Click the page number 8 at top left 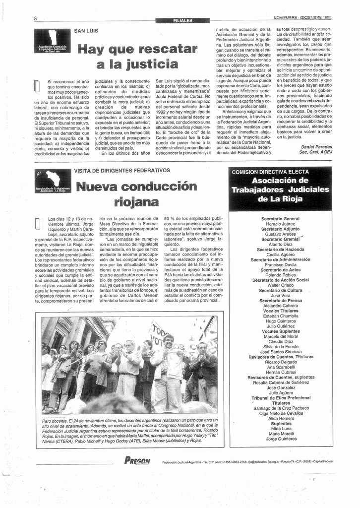[36, 19]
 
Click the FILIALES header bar [182, 20]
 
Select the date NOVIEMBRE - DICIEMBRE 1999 [302, 18]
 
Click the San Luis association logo [52, 41]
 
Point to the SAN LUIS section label [86, 31]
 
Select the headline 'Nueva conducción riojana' [136, 194]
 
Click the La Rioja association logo [53, 181]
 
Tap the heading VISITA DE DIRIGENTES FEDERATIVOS [121, 171]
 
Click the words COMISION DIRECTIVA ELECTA [270, 172]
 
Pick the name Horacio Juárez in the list [280, 224]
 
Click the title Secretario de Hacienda [280, 250]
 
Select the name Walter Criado [280, 285]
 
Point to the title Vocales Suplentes [280, 331]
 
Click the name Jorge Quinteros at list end [281, 439]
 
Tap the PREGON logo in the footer [136, 461]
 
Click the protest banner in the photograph [161, 332]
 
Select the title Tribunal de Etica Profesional [281, 398]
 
